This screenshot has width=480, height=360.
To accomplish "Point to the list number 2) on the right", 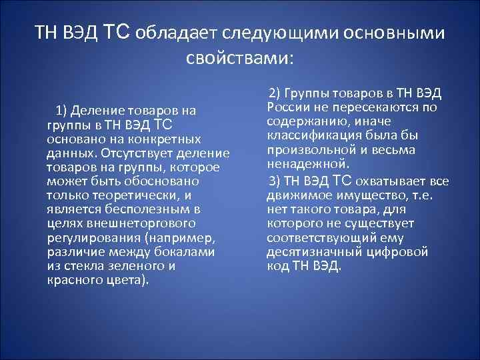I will [x=275, y=93].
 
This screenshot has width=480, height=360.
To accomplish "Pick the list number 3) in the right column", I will [x=273, y=181].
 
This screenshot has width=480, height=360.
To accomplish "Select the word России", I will [x=285, y=107].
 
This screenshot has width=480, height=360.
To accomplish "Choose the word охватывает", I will [x=388, y=181].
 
